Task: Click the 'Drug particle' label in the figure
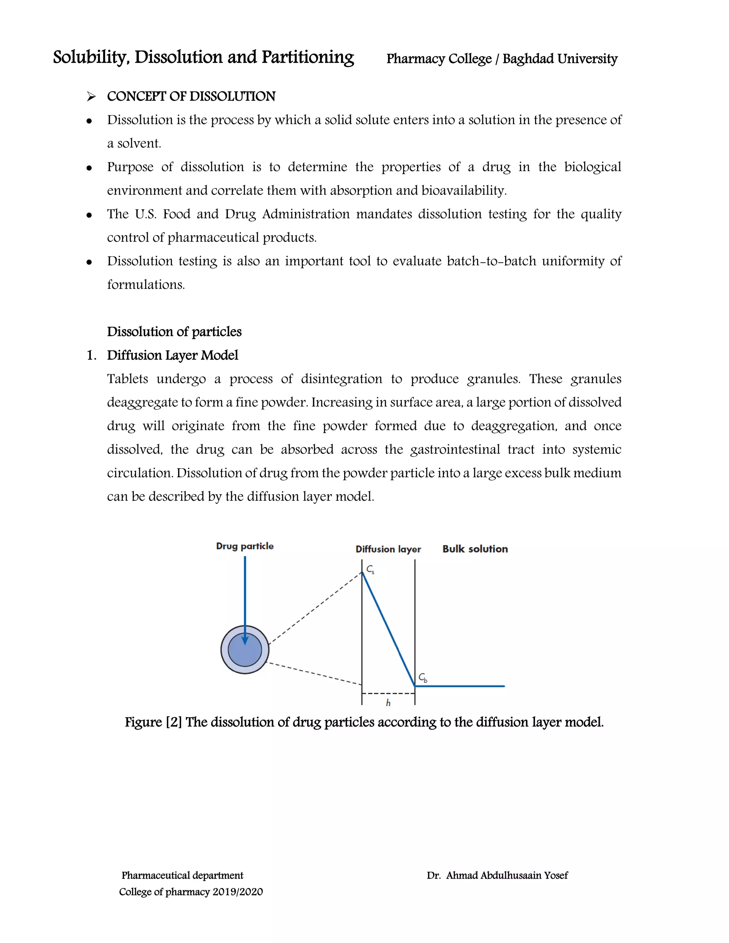pos(245,546)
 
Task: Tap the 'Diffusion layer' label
pos(388,549)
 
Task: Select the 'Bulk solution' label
pos(475,549)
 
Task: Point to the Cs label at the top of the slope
pos(370,570)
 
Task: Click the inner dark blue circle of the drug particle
pos(245,650)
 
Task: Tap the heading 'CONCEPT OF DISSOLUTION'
pos(191,96)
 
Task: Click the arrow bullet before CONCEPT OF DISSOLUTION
pos(91,97)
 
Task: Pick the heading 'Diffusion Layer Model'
pos(172,355)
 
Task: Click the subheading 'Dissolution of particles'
pos(174,332)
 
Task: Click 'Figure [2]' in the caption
pos(153,722)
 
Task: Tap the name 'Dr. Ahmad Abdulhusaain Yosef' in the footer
pos(497,875)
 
